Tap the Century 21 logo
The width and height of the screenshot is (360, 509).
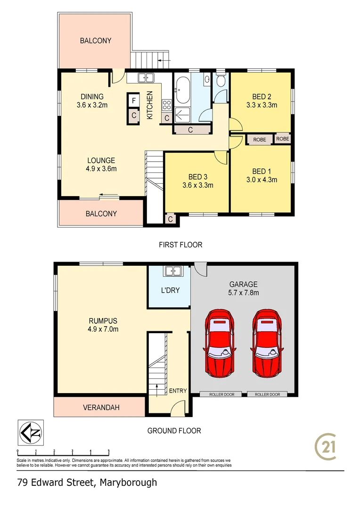click(x=326, y=447)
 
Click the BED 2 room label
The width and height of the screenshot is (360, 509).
click(x=262, y=97)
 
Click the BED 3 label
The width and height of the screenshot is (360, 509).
click(x=198, y=177)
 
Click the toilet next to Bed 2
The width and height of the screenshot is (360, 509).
click(x=221, y=81)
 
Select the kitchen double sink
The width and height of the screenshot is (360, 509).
click(x=145, y=78)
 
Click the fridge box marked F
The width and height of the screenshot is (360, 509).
click(x=134, y=100)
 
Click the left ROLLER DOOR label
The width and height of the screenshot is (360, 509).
click(x=221, y=394)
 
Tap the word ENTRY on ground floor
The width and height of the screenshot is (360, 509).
click(x=178, y=391)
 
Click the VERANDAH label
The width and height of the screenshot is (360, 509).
click(x=100, y=407)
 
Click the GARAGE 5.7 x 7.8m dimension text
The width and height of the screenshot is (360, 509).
click(x=243, y=293)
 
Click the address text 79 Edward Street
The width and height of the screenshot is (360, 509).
click(x=57, y=483)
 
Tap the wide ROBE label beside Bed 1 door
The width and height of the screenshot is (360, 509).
click(x=260, y=140)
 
